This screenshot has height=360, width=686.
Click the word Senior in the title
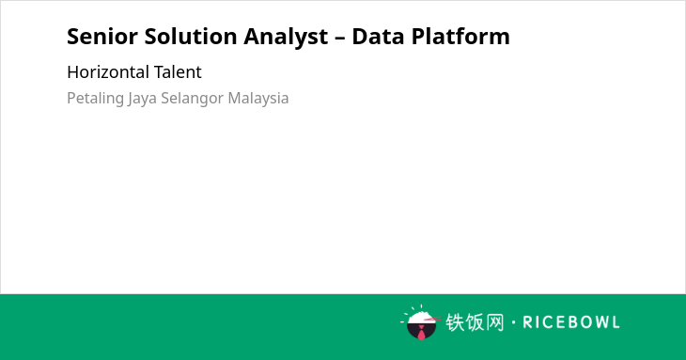pyautogui.click(x=102, y=37)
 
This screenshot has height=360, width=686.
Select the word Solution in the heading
pyautogui.click(x=191, y=37)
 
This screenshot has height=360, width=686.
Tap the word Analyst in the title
pyautogui.click(x=286, y=38)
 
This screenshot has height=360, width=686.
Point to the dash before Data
pyautogui.click(x=339, y=39)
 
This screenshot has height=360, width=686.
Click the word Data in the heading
pyautogui.click(x=378, y=37)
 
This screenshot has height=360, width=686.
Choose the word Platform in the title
pyautogui.click(x=460, y=37)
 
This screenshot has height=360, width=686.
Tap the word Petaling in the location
pyautogui.click(x=95, y=99)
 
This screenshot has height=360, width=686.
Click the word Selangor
pyautogui.click(x=193, y=99)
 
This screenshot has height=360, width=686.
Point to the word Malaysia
pyautogui.click(x=258, y=99)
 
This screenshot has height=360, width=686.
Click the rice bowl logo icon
pyautogui.click(x=420, y=322)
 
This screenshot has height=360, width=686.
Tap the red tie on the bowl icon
pyautogui.click(x=421, y=333)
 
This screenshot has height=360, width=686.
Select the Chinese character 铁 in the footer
pyautogui.click(x=455, y=322)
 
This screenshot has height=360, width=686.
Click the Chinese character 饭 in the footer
pyautogui.click(x=476, y=322)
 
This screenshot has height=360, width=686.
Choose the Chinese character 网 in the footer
pyautogui.click(x=495, y=322)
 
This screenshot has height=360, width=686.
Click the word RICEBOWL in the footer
pyautogui.click(x=571, y=322)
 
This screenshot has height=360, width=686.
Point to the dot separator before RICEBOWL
pyautogui.click(x=513, y=322)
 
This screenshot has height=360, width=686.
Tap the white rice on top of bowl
pyautogui.click(x=420, y=317)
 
